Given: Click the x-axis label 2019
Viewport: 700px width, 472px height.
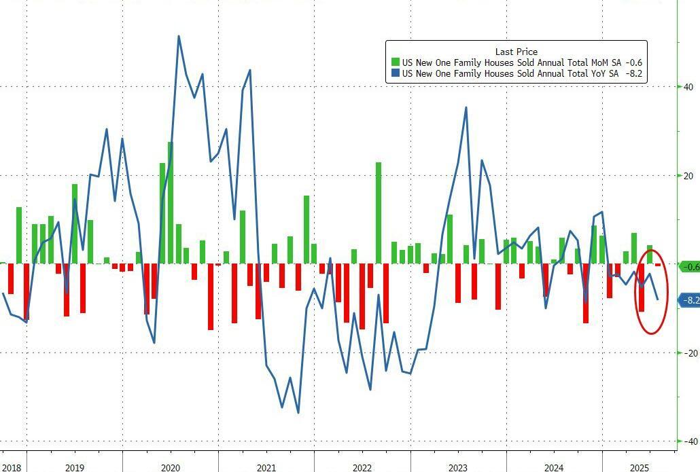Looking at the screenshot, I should (x=75, y=468).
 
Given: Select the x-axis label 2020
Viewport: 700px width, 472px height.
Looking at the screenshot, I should (x=171, y=468).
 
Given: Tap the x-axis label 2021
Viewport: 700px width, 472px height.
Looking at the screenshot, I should (x=266, y=468).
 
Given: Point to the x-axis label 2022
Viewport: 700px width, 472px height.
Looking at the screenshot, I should (x=362, y=468).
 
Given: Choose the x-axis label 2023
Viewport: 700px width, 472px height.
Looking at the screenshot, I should (x=458, y=468).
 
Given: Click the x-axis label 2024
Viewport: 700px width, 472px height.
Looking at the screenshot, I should (x=554, y=468).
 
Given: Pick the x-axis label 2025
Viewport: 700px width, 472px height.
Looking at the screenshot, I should (x=640, y=468).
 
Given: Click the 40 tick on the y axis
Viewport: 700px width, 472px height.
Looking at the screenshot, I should (x=688, y=87).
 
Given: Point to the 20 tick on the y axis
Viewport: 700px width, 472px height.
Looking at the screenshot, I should (x=688, y=176).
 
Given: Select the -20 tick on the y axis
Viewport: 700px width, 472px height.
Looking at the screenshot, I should (x=688, y=353).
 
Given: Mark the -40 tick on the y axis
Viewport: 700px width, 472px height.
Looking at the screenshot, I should (x=688, y=441).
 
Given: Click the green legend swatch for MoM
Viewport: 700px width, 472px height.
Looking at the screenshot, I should (x=395, y=62).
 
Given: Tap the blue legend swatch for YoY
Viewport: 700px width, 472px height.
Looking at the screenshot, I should (x=395, y=73).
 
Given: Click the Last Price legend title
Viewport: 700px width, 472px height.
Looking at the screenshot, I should (x=516, y=52).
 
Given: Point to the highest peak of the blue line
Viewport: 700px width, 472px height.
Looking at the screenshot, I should (x=178, y=36).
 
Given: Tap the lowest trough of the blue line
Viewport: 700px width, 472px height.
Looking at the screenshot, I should (x=298, y=412).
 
